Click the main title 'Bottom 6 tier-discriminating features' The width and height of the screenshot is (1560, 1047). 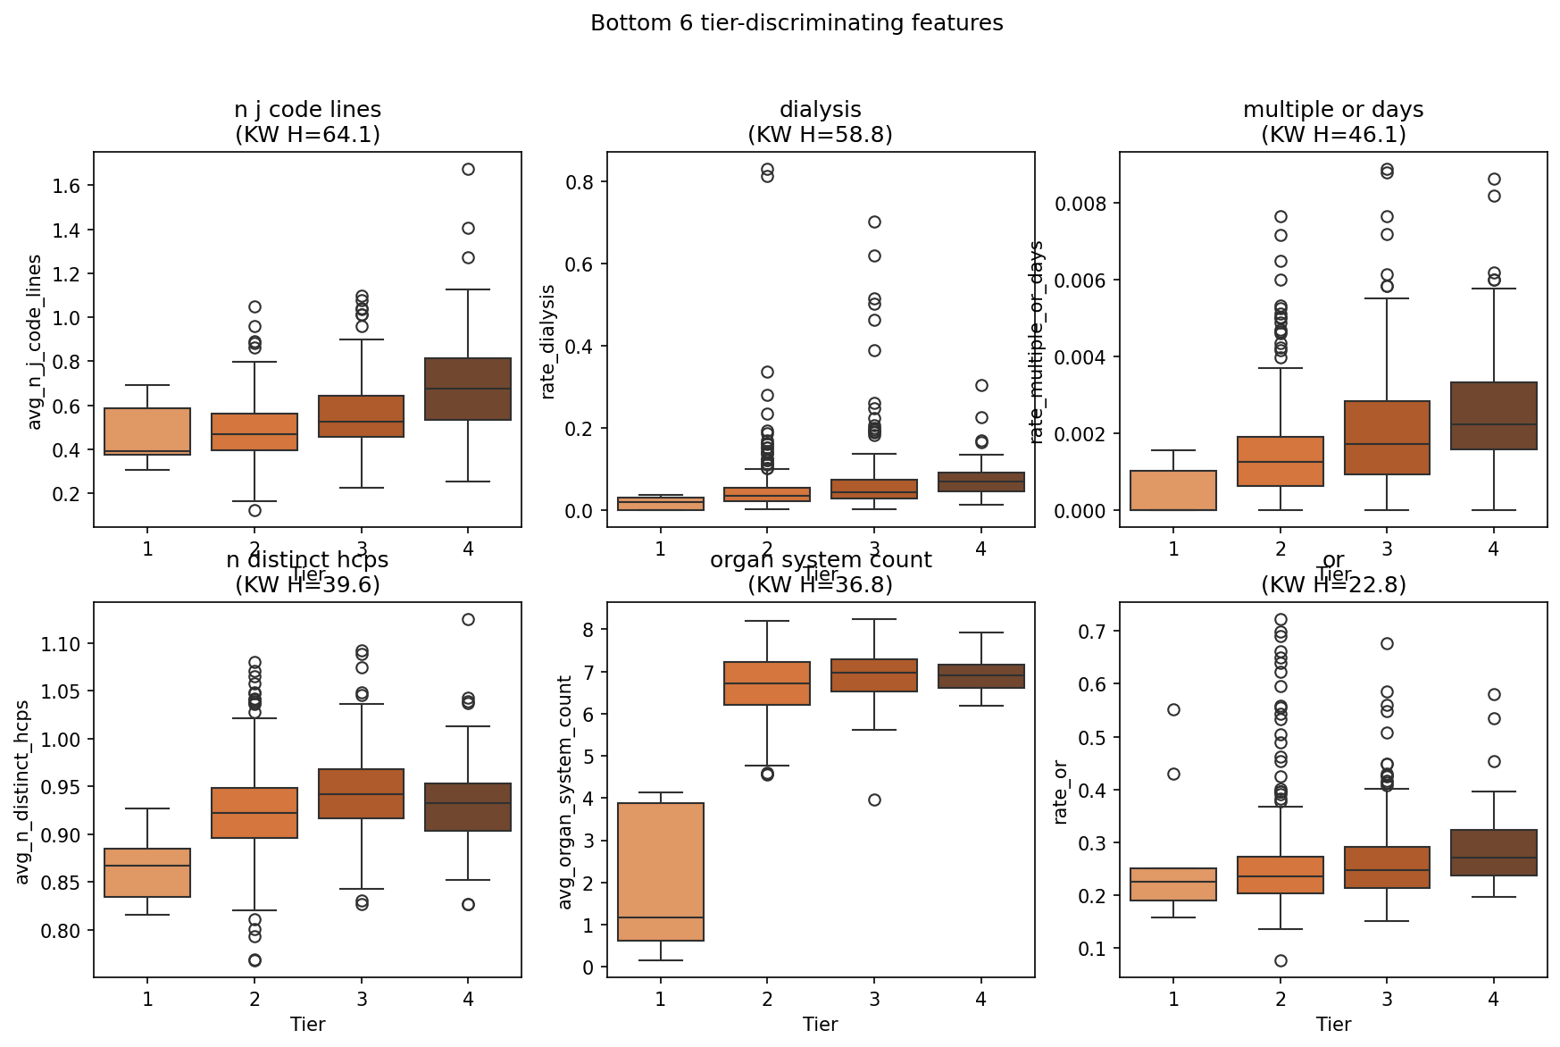[797, 23]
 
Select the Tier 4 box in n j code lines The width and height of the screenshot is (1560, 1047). [468, 389]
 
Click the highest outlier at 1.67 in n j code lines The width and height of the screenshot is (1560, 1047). [468, 169]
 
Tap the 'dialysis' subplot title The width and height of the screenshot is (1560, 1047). [820, 110]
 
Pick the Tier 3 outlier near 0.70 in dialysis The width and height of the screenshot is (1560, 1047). [874, 222]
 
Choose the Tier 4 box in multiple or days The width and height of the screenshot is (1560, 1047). [1494, 415]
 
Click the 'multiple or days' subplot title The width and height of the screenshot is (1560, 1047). [1332, 110]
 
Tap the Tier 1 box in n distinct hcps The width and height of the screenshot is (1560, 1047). [147, 873]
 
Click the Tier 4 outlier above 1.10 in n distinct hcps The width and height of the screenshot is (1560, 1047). [468, 619]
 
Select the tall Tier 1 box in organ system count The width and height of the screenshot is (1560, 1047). [661, 871]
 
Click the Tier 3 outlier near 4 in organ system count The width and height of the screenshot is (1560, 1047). [874, 800]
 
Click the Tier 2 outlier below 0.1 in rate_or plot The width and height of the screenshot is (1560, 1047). [1281, 960]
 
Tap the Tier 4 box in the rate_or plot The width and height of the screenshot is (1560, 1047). [1494, 852]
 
